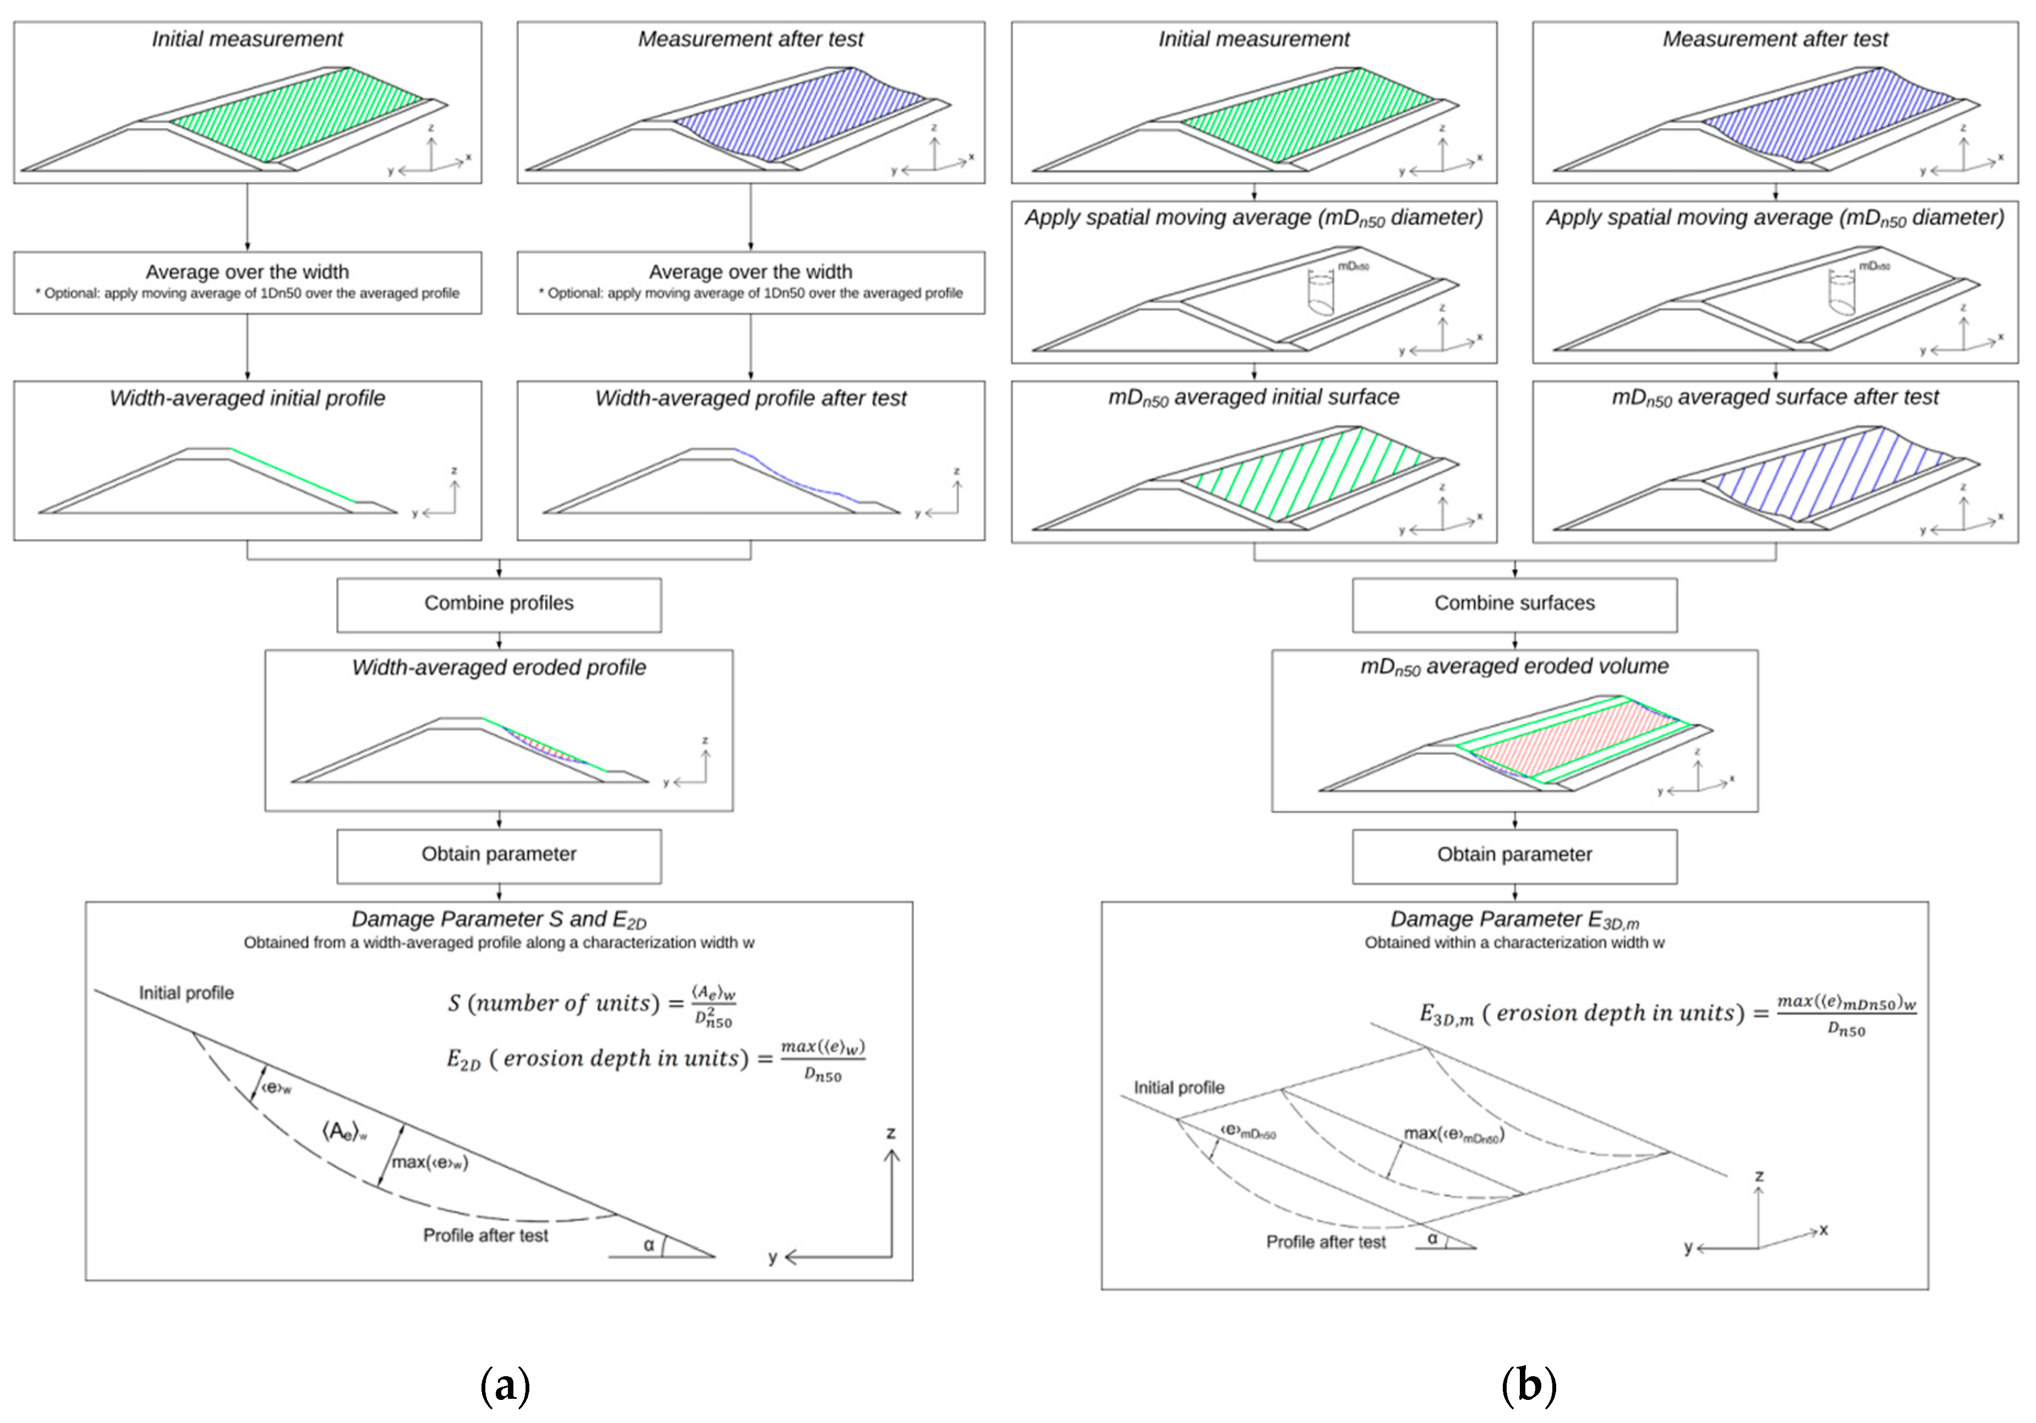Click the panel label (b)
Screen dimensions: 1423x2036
(x=1528, y=1384)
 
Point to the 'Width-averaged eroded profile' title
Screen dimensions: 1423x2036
(x=499, y=667)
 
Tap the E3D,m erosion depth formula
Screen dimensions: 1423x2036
(x=1667, y=1014)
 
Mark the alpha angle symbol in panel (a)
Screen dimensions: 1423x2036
(x=649, y=1245)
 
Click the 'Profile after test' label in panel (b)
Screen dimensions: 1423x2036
(x=1325, y=1242)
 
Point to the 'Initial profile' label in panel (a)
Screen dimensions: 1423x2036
(x=186, y=993)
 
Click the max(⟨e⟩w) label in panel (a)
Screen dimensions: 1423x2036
(x=429, y=1162)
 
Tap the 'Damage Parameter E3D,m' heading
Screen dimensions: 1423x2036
(x=1514, y=920)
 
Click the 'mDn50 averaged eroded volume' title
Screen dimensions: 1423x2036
(x=1514, y=667)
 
